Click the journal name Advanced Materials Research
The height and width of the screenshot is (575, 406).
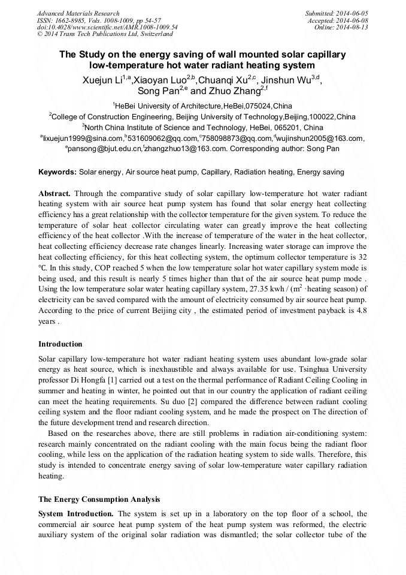78,13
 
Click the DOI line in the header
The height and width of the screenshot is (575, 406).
107,28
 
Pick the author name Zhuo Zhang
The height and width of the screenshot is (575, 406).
237,91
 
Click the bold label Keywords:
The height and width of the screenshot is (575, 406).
57,172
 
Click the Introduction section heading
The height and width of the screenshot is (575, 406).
60,344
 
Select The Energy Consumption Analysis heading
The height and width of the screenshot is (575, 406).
99,499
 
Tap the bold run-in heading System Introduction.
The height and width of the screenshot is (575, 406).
75,514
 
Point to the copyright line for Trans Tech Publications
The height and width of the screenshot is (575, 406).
105,35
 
